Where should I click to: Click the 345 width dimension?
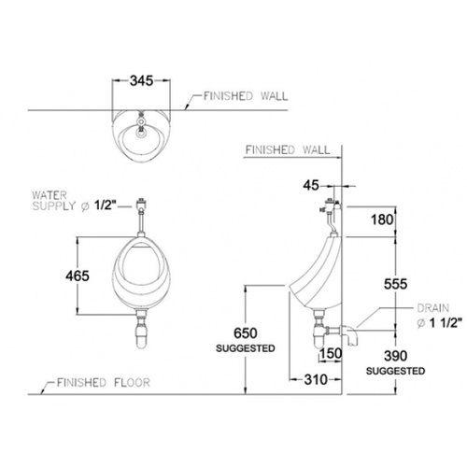pyautogui.click(x=142, y=81)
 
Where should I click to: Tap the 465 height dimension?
pyautogui.click(x=78, y=276)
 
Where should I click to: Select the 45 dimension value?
pyautogui.click(x=311, y=186)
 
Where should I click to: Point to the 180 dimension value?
pyautogui.click(x=382, y=220)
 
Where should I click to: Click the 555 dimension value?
pyautogui.click(x=395, y=284)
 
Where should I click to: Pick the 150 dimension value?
pyautogui.click(x=332, y=353)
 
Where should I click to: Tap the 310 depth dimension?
pyautogui.click(x=316, y=379)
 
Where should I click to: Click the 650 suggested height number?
pyautogui.click(x=246, y=333)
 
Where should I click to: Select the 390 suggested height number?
pyautogui.click(x=395, y=356)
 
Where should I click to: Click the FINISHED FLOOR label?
pyautogui.click(x=104, y=382)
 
